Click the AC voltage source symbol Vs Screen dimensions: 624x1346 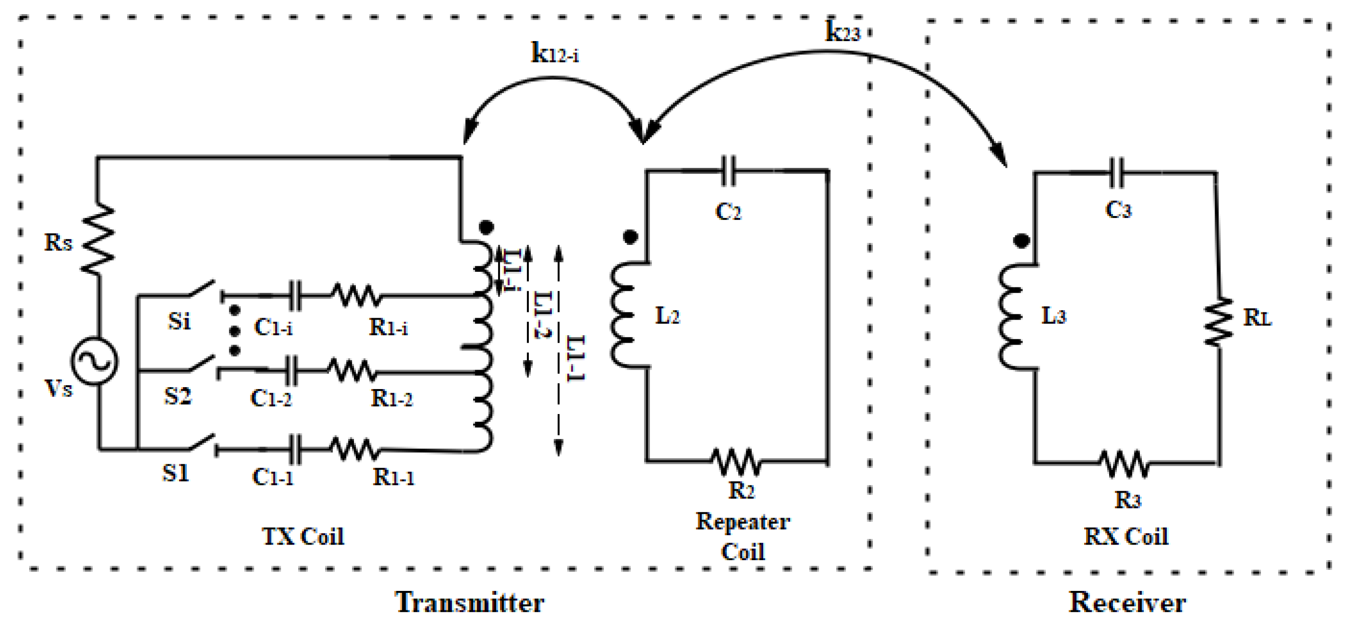point(95,362)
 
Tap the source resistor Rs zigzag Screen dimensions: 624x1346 point(98,239)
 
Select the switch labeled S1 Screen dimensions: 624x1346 point(203,443)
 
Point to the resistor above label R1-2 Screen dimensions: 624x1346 point(352,371)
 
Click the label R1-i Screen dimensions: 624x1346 point(388,328)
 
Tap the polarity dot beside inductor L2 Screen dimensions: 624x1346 point(630,237)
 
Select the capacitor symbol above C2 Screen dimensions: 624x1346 point(728,170)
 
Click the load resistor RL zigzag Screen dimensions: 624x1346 point(1218,321)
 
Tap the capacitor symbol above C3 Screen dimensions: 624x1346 point(1117,173)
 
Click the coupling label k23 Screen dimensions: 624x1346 point(842,31)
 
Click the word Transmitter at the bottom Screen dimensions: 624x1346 point(469,603)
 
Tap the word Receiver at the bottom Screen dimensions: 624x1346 point(1127,603)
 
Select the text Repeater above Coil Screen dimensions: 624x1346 point(742,522)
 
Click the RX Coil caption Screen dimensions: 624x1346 point(1125,537)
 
